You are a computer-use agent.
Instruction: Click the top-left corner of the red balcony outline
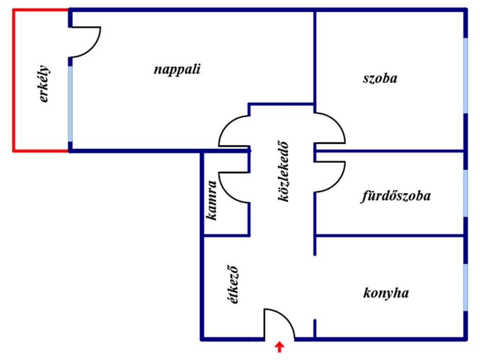click(13, 10)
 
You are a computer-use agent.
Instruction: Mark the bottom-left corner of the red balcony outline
click(13, 150)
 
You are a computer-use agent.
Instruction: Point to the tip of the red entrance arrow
click(279, 342)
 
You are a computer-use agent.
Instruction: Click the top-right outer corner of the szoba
click(466, 10)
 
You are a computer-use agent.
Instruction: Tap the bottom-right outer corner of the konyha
click(466, 339)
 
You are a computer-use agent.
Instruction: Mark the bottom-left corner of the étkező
click(202, 339)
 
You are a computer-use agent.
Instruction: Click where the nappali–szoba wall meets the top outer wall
click(315, 10)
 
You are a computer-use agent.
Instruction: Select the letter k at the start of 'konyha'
click(367, 293)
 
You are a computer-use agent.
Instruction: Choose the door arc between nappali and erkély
click(85, 42)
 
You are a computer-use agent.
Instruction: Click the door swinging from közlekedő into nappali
click(234, 131)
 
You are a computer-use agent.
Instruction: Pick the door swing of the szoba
click(330, 128)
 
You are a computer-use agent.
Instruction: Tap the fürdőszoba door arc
click(330, 177)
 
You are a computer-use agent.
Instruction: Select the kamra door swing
click(234, 187)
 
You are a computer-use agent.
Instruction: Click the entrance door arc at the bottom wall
click(280, 324)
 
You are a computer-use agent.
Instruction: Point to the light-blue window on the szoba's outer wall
click(465, 75)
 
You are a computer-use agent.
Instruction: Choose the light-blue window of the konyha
click(465, 287)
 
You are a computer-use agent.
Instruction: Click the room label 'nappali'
click(177, 69)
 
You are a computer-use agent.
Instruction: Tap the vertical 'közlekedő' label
click(283, 171)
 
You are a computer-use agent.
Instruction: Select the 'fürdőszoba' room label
click(396, 196)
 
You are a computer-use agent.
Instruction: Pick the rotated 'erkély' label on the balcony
click(44, 83)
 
